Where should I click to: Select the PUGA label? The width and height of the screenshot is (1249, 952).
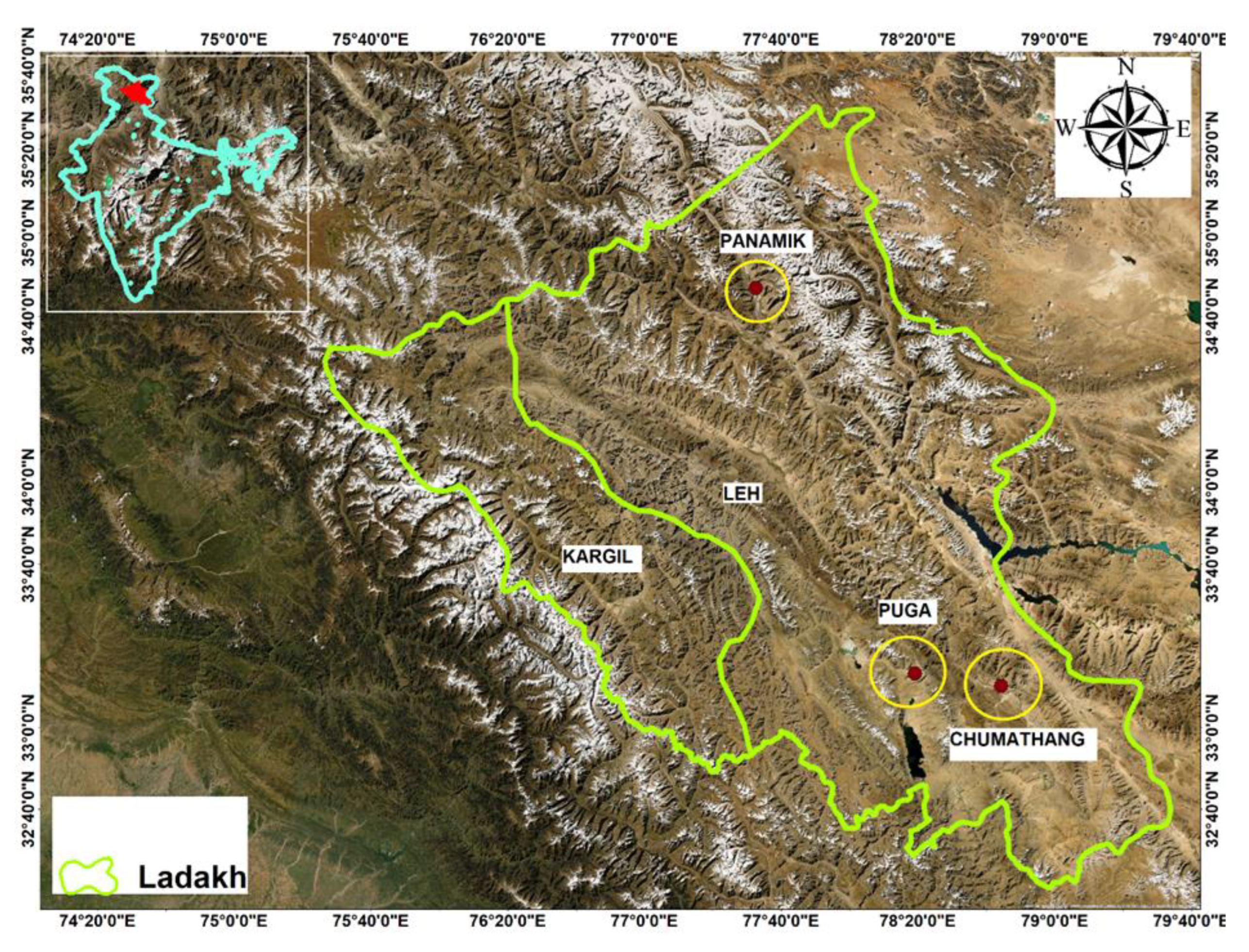point(905,611)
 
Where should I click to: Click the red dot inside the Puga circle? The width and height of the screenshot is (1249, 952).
point(915,673)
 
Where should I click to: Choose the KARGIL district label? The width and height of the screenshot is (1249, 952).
point(597,557)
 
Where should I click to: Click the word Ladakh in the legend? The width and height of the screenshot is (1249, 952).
point(193,877)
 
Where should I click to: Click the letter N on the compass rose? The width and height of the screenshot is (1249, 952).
point(1127,67)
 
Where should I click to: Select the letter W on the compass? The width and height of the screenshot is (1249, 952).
point(1066,130)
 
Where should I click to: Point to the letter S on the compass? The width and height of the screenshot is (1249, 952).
point(1127,189)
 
